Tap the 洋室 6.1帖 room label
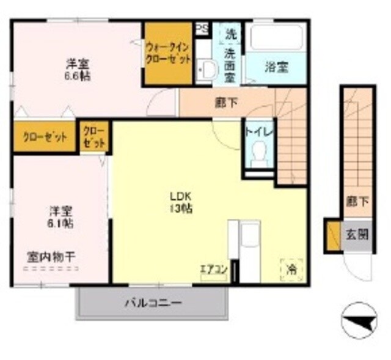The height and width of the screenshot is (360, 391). point(61,218)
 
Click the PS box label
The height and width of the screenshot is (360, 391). point(201,28)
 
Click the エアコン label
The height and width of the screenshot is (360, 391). point(214,269)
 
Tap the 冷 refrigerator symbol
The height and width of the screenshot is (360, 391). point(291,268)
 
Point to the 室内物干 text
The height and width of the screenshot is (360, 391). point(51,257)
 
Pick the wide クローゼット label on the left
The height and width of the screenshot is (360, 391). point(44,137)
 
